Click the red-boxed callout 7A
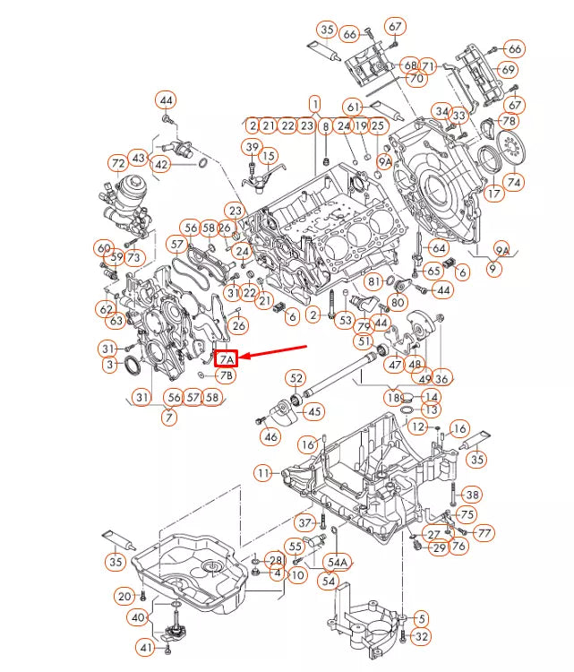(x=227, y=358)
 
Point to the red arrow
(x=273, y=352)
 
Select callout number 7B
(x=226, y=375)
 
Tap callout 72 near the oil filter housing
(x=118, y=163)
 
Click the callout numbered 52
(x=296, y=379)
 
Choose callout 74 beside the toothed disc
(x=514, y=182)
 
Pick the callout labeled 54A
(x=338, y=562)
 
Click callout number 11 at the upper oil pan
(x=261, y=472)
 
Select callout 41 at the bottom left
(x=145, y=647)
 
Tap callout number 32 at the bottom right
(x=423, y=637)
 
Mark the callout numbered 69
(x=508, y=70)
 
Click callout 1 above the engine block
(x=315, y=104)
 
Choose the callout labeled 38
(x=472, y=494)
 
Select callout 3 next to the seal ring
(x=109, y=365)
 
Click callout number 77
(x=484, y=533)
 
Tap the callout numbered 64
(x=438, y=247)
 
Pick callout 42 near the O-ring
(x=161, y=164)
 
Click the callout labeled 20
(x=124, y=596)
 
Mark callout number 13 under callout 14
(x=432, y=409)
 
